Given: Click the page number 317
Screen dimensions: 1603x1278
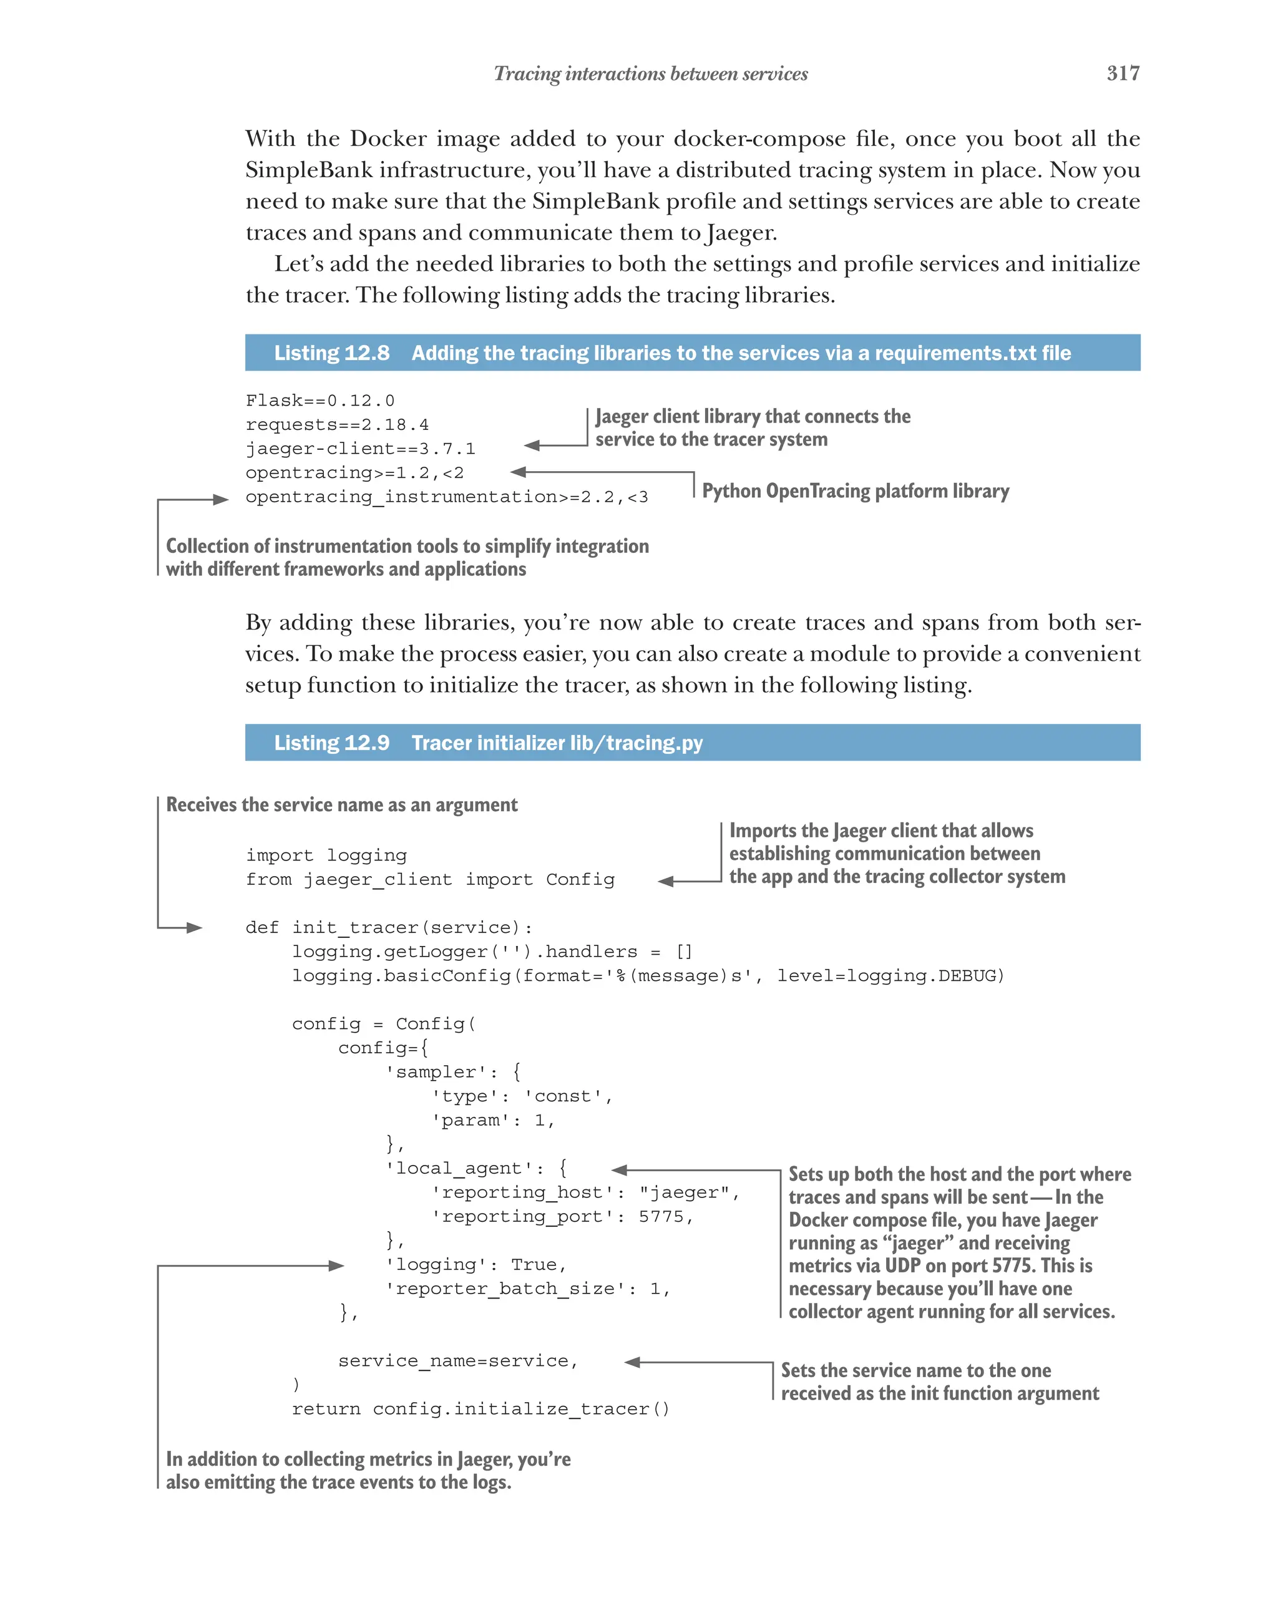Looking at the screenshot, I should (1122, 73).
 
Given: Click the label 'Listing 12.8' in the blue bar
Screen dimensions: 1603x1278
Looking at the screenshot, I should (331, 353).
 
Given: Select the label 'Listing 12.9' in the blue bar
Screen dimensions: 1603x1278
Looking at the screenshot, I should (331, 743).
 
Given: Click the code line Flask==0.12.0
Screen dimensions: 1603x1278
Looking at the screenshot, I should (319, 401).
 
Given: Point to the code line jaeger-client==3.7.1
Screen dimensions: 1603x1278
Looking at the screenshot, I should (360, 449).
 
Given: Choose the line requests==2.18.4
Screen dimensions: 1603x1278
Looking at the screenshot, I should (337, 424).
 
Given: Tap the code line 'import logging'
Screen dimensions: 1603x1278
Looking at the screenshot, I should (326, 855).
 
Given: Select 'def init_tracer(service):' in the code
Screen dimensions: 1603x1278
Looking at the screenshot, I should (389, 927).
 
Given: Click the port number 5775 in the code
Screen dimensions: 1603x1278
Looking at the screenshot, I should (660, 1216).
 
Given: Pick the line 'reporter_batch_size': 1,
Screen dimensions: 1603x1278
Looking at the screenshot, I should (527, 1289).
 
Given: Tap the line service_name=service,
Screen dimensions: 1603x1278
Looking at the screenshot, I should (458, 1361).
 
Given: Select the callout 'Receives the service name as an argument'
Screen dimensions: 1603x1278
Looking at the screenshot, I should (341, 804).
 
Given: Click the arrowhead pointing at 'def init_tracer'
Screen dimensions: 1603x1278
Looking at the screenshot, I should (195, 927).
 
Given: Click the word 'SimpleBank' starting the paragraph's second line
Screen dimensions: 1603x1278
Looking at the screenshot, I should (308, 170).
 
